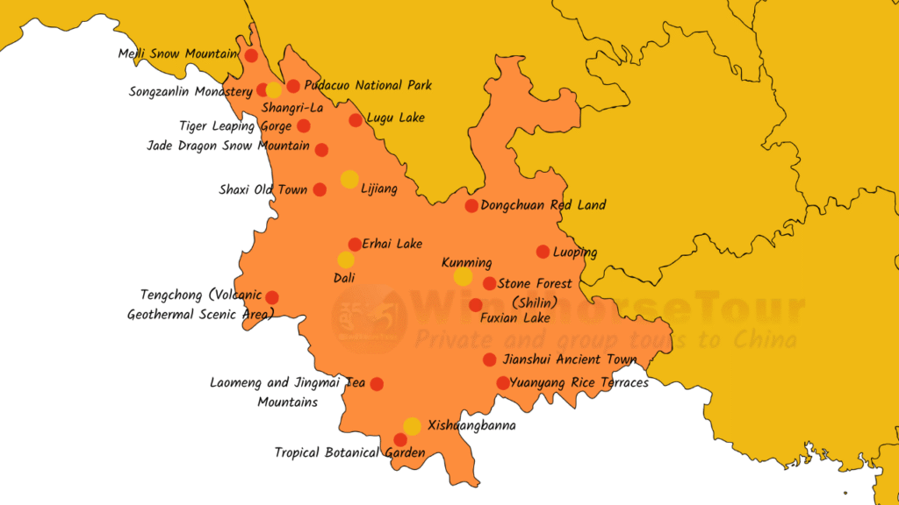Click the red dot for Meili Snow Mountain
pyautogui.click(x=251, y=55)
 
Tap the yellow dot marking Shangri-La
pyautogui.click(x=274, y=89)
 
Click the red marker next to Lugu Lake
pyautogui.click(x=356, y=120)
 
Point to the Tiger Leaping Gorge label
pyautogui.click(x=235, y=126)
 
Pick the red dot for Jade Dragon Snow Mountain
pyautogui.click(x=322, y=150)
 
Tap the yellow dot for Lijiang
pyautogui.click(x=349, y=180)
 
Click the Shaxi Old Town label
pyautogui.click(x=263, y=189)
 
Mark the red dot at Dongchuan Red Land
pyautogui.click(x=471, y=206)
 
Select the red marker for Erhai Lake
pyautogui.click(x=355, y=245)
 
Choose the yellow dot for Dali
pyautogui.click(x=346, y=260)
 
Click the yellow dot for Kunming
pyautogui.click(x=463, y=277)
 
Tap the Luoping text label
pyautogui.click(x=575, y=252)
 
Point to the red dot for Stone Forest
pyautogui.click(x=490, y=283)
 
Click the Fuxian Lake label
pyautogui.click(x=515, y=318)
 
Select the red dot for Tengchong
pyautogui.click(x=272, y=297)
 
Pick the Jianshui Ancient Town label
pyautogui.click(x=570, y=359)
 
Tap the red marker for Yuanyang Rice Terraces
pyautogui.click(x=503, y=383)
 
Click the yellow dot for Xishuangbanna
pyautogui.click(x=412, y=426)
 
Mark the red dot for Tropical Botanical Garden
pyautogui.click(x=400, y=440)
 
